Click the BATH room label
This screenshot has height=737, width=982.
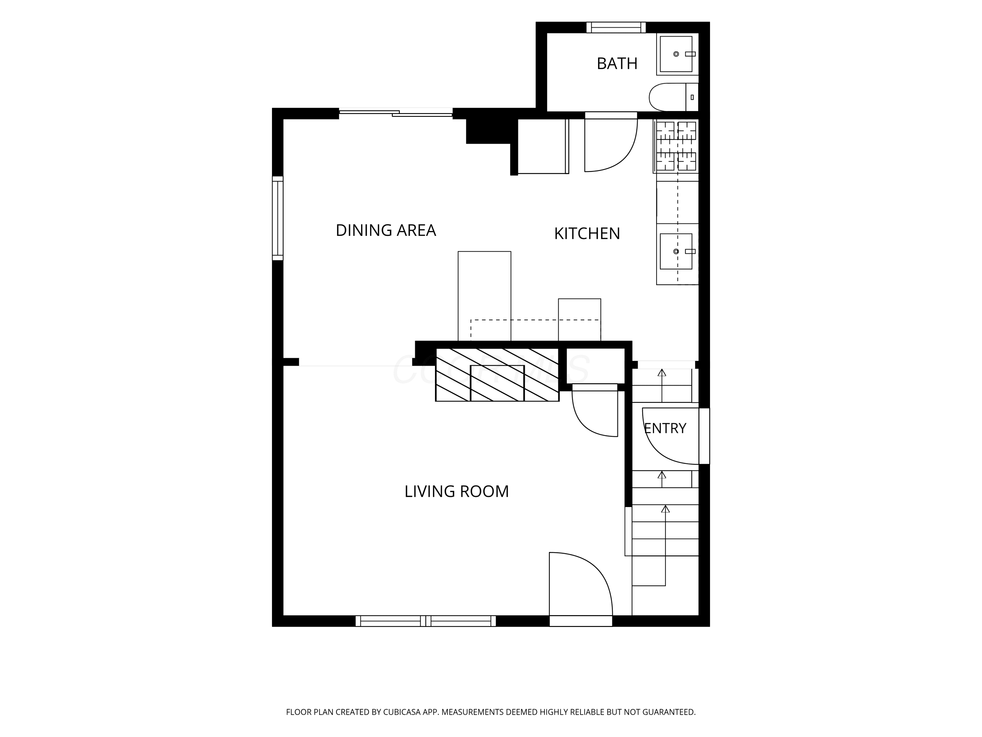click(x=617, y=64)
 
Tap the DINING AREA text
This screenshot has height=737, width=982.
click(x=386, y=231)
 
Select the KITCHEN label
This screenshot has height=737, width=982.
click(x=587, y=234)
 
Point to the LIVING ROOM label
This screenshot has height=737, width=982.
click(x=456, y=491)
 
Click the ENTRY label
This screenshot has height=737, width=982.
click(x=665, y=428)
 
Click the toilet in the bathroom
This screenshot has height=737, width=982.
click(x=673, y=97)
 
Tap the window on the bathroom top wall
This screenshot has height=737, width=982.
click(x=616, y=28)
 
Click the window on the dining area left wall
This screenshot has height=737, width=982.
click(x=278, y=218)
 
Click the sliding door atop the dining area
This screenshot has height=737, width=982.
click(x=396, y=113)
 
